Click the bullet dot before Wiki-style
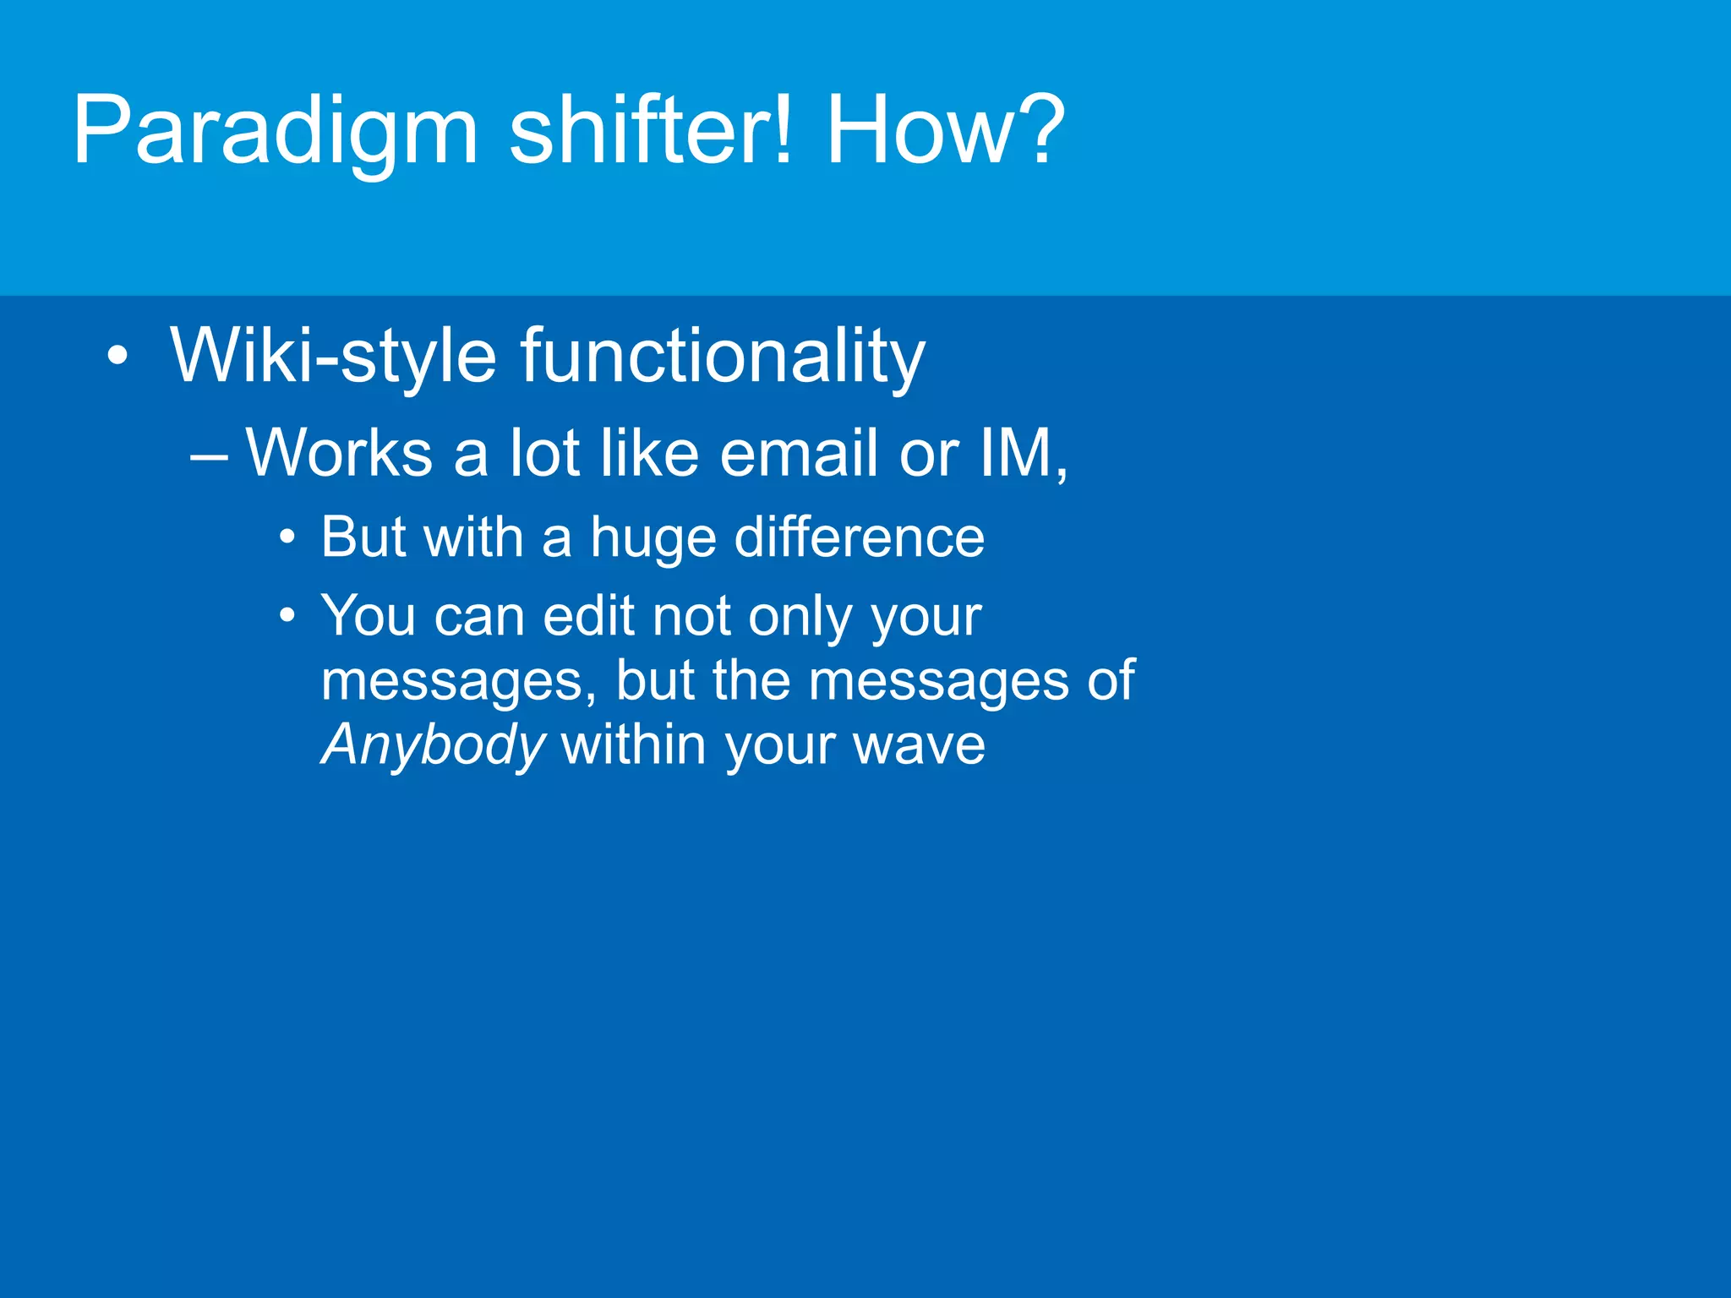(x=118, y=356)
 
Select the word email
(x=800, y=454)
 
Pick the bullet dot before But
(x=287, y=537)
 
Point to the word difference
(x=859, y=537)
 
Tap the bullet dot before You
(x=287, y=615)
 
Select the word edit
(x=588, y=615)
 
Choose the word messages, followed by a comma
(x=459, y=681)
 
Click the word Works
(x=339, y=454)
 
